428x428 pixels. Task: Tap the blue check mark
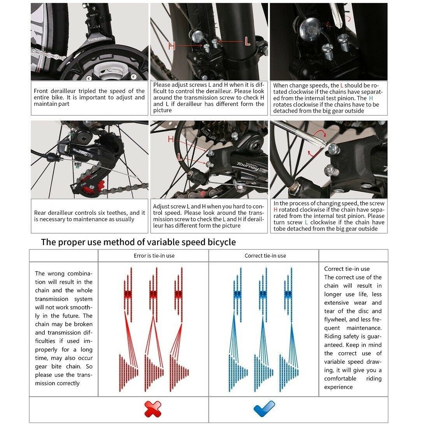pyautogui.click(x=264, y=409)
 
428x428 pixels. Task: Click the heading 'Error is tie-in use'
pyautogui.click(x=154, y=256)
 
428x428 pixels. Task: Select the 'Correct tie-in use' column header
pyautogui.click(x=265, y=256)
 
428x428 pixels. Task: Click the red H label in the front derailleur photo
pyautogui.click(x=172, y=46)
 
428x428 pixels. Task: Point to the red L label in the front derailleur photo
pyautogui.click(x=247, y=40)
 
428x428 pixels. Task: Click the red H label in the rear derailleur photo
pyautogui.click(x=171, y=139)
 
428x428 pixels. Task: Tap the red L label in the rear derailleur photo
pyautogui.click(x=180, y=157)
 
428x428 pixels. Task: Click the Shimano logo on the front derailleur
pyautogui.click(x=96, y=39)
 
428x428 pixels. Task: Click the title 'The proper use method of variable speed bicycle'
pyautogui.click(x=138, y=242)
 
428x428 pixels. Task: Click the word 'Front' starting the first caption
pyautogui.click(x=41, y=91)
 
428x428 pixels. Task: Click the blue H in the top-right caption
pyautogui.click(x=371, y=98)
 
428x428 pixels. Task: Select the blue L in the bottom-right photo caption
pyautogui.click(x=306, y=222)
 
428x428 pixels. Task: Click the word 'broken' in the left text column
pyautogui.click(x=83, y=324)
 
